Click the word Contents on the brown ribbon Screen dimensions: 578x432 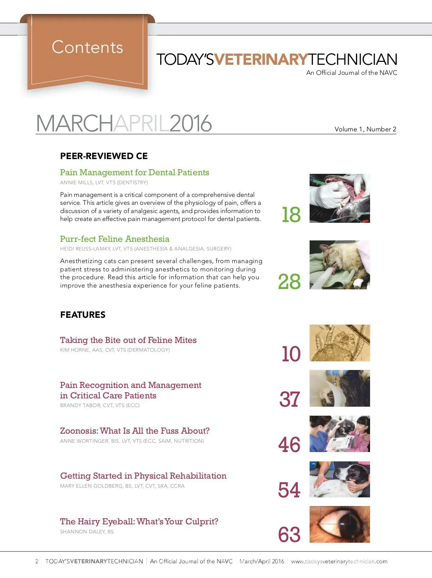87,47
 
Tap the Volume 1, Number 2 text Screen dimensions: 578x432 365,129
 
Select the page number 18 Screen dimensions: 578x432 291,215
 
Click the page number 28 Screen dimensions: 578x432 289,281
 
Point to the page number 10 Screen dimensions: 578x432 291,354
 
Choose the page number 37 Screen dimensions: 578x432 289,399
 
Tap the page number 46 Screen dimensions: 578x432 289,445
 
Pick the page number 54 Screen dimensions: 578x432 289,490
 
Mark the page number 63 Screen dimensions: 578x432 289,535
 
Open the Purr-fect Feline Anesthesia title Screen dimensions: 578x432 114,239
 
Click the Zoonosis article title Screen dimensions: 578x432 135,431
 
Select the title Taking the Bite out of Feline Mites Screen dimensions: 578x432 128,340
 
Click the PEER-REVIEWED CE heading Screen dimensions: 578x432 104,156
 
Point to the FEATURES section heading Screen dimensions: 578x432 83,315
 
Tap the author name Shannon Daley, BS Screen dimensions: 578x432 87,532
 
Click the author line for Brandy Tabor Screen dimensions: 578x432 100,405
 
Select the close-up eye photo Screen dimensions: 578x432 339,524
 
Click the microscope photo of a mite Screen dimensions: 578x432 339,343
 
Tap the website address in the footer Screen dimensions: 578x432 339,561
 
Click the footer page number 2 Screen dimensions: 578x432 37,561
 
